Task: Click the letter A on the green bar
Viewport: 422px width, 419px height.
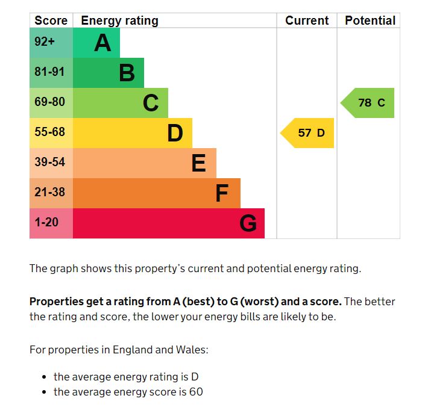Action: click(102, 43)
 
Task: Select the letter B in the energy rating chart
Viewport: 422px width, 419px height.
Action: click(127, 73)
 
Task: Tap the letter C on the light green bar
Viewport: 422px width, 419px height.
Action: click(151, 103)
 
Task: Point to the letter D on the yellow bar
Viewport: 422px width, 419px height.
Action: click(175, 133)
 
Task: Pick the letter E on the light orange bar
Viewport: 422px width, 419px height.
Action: click(198, 163)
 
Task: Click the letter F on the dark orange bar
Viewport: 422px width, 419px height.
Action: click(222, 193)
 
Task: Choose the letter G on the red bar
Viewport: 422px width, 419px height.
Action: click(248, 223)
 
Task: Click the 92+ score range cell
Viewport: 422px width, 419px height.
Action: click(45, 43)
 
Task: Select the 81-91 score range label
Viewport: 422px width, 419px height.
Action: click(49, 72)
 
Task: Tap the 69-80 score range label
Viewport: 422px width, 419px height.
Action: click(49, 102)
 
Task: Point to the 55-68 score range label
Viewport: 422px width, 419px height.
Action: click(49, 132)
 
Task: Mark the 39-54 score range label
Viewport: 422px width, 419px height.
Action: click(49, 163)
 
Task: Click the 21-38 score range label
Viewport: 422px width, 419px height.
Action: click(49, 193)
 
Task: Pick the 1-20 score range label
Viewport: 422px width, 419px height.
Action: click(46, 223)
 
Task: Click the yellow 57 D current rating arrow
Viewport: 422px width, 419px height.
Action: click(309, 133)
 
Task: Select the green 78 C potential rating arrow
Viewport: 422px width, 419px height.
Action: click(369, 103)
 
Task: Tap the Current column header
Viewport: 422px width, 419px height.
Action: click(307, 20)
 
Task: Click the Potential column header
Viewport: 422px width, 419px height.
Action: click(370, 20)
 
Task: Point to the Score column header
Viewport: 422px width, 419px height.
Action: click(51, 20)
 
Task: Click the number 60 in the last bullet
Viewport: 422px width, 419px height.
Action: click(196, 392)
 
